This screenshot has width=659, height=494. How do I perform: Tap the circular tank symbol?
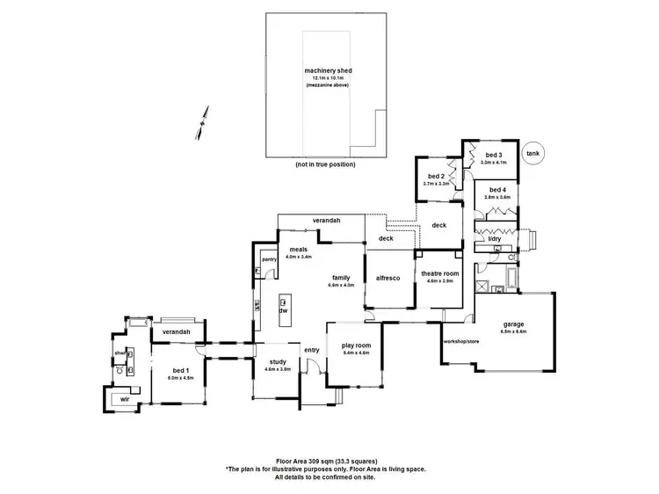[x=532, y=153]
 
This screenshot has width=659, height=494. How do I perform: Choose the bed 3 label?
[x=495, y=154]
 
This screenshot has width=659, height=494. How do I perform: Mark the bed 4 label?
[x=497, y=190]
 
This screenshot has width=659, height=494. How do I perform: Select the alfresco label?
[x=388, y=278]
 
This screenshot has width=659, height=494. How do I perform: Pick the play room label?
[x=355, y=345]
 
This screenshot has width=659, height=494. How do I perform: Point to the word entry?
[x=312, y=350]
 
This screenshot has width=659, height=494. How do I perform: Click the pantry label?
[x=269, y=259]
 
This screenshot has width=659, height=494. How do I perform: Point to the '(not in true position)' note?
[x=327, y=164]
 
